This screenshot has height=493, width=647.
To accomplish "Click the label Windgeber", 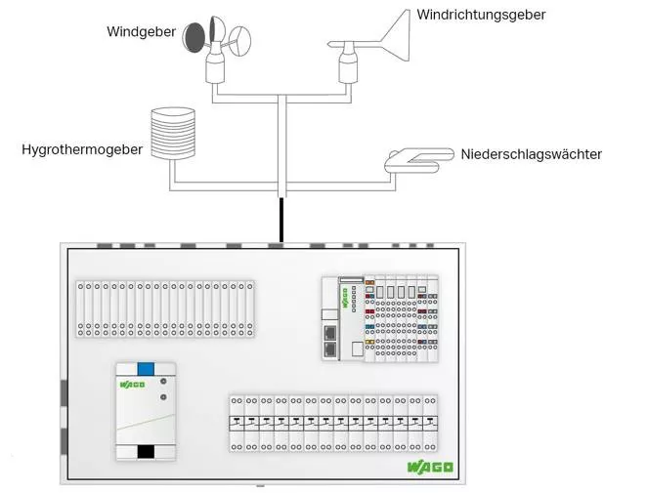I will coord(141,32).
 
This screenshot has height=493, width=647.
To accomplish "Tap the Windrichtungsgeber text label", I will coord(481,15).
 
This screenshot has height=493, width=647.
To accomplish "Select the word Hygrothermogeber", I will coord(82,150).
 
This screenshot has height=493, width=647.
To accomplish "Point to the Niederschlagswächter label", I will coord(531,154).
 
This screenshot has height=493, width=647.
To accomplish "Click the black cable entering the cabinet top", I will coord(280,220).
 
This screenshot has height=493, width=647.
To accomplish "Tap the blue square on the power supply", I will coord(145,369).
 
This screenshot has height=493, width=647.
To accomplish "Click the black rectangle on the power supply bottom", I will coord(145,451).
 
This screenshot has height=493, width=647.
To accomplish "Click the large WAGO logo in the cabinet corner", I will coord(430,467).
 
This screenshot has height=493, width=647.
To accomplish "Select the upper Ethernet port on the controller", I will coord(329,333).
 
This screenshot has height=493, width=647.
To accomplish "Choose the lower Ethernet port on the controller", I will coord(329,349).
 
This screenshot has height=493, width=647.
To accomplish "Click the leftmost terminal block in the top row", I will coord(82,308).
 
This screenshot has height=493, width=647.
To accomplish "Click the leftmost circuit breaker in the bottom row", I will coord(236,422).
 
